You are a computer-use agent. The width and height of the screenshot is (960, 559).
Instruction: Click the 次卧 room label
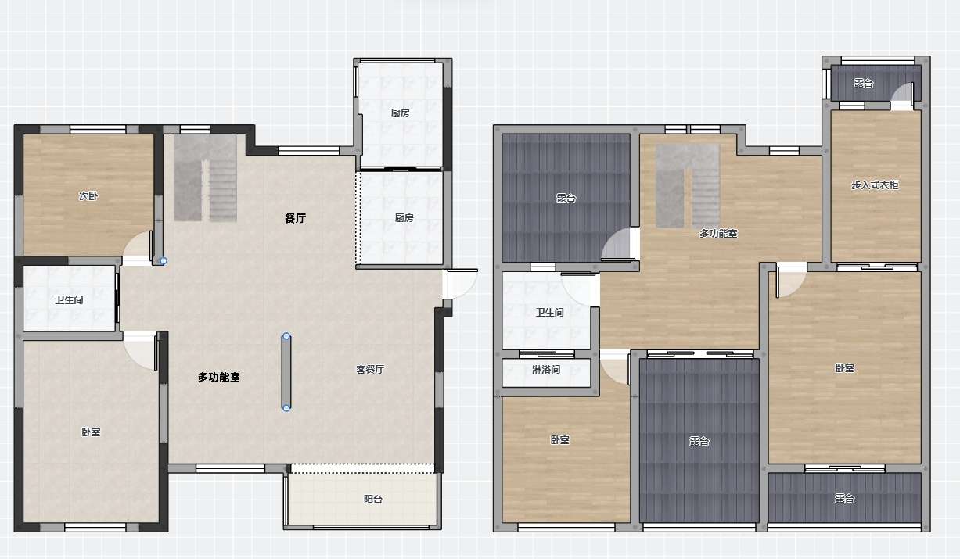click(x=88, y=195)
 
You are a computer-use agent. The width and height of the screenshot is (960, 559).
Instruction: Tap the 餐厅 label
click(x=295, y=218)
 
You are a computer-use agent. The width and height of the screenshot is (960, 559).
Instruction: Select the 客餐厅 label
click(x=370, y=369)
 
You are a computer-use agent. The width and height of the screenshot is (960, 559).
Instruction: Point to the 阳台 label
click(x=373, y=499)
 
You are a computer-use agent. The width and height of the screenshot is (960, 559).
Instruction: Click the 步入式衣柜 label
click(x=875, y=185)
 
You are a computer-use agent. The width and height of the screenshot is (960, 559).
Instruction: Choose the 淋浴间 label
click(x=546, y=369)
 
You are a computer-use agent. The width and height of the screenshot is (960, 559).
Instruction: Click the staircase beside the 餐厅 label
click(x=205, y=177)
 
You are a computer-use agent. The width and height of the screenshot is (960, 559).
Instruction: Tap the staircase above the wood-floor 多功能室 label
click(x=688, y=185)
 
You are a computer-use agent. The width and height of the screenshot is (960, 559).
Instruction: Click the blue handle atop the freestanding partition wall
click(x=286, y=336)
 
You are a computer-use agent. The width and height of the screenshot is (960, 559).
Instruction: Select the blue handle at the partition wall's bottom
click(x=286, y=408)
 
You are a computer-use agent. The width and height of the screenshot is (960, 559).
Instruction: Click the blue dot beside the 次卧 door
click(x=164, y=260)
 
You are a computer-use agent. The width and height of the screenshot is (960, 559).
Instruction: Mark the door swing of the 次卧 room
click(x=138, y=247)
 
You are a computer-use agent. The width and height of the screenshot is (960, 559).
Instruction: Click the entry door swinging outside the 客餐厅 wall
click(x=462, y=284)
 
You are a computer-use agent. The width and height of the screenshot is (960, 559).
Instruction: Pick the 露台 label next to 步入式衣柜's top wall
click(x=863, y=84)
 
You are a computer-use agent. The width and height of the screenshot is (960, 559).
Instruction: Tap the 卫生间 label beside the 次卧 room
click(x=69, y=300)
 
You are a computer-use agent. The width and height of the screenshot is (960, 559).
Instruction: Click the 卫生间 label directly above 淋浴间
click(x=550, y=312)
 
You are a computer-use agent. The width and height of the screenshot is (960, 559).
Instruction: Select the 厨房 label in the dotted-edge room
click(x=404, y=218)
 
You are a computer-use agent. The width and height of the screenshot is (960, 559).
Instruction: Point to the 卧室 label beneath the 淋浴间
click(x=559, y=440)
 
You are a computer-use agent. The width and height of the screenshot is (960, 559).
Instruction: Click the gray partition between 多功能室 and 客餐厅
click(x=286, y=372)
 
